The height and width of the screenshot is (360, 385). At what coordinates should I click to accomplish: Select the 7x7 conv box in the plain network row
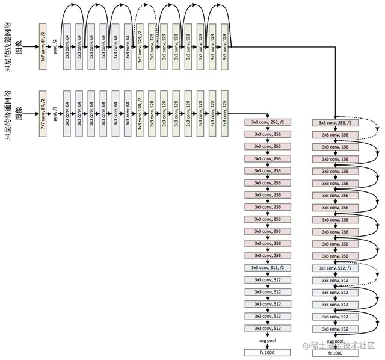coord(43,111)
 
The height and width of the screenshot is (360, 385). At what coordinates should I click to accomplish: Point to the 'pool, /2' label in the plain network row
coord(55,111)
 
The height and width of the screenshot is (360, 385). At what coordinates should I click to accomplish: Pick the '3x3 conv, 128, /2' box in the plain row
coord(140,111)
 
